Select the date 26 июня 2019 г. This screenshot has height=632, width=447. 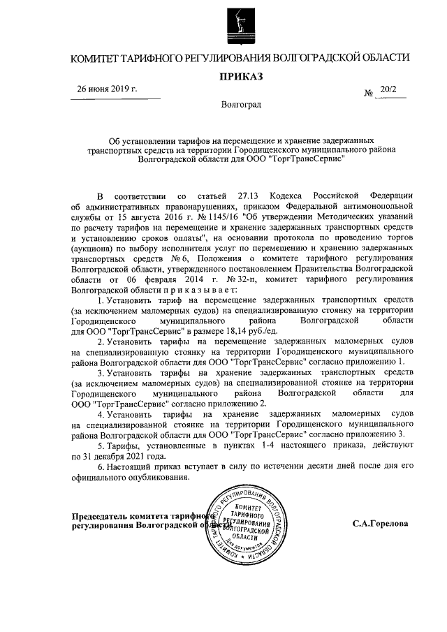point(108,89)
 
